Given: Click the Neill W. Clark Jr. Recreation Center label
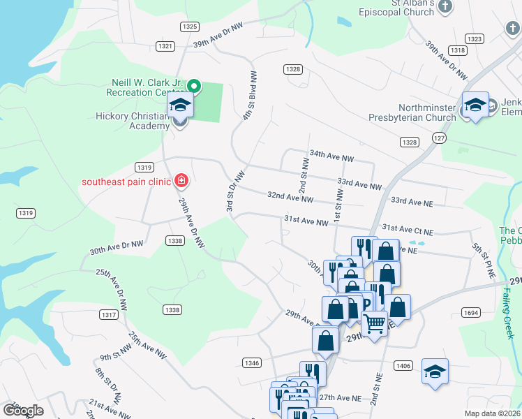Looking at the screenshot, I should point(144,87).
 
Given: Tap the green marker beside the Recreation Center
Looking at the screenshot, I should point(195,87).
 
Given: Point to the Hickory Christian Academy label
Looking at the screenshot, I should point(133,121).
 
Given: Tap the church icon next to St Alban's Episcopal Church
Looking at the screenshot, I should point(446,6).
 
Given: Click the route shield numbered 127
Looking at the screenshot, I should point(438,138).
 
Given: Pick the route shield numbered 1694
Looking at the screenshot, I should point(470,313).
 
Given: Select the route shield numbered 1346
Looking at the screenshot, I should point(253,362).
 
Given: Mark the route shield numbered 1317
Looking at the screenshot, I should point(109,316).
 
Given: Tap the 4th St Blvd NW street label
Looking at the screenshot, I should point(250,96).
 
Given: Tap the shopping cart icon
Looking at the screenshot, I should point(375,323).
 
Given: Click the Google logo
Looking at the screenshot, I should point(23,411).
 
